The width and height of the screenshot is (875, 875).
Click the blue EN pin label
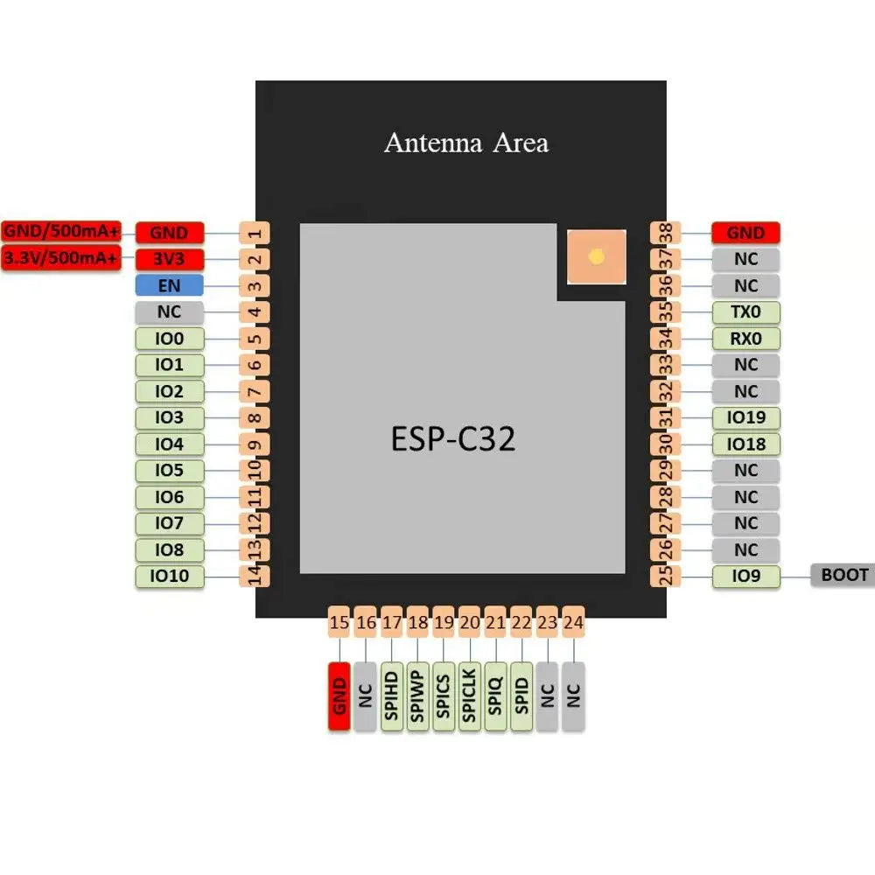pyautogui.click(x=169, y=285)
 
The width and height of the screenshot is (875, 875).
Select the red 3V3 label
pyautogui.click(x=169, y=259)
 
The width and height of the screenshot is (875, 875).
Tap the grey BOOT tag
pyautogui.click(x=843, y=575)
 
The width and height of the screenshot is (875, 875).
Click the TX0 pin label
pyautogui.click(x=745, y=312)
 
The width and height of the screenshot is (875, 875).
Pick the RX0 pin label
pyautogui.click(x=745, y=339)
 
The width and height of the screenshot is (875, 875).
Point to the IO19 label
pyautogui.click(x=745, y=418)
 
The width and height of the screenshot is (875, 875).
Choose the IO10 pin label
pyautogui.click(x=169, y=576)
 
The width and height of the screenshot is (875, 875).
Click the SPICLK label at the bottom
pyautogui.click(x=470, y=696)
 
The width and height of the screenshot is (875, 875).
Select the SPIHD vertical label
pyautogui.click(x=391, y=696)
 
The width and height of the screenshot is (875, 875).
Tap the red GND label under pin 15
pyautogui.click(x=339, y=696)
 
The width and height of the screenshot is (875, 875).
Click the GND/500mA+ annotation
pyautogui.click(x=61, y=232)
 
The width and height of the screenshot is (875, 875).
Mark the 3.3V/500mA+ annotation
pyautogui.click(x=61, y=258)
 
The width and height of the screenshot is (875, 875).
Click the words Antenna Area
pyautogui.click(x=466, y=143)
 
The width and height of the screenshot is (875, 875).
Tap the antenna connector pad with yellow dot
pyautogui.click(x=597, y=257)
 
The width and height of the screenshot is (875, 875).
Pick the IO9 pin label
pyautogui.click(x=745, y=576)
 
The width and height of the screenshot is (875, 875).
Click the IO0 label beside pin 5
pyautogui.click(x=169, y=339)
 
